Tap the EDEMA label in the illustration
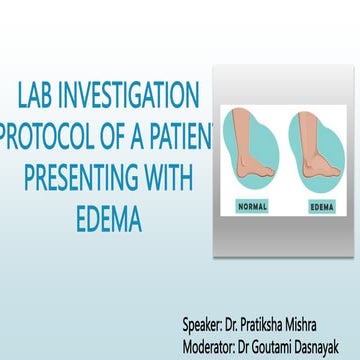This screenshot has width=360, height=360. [320, 207]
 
